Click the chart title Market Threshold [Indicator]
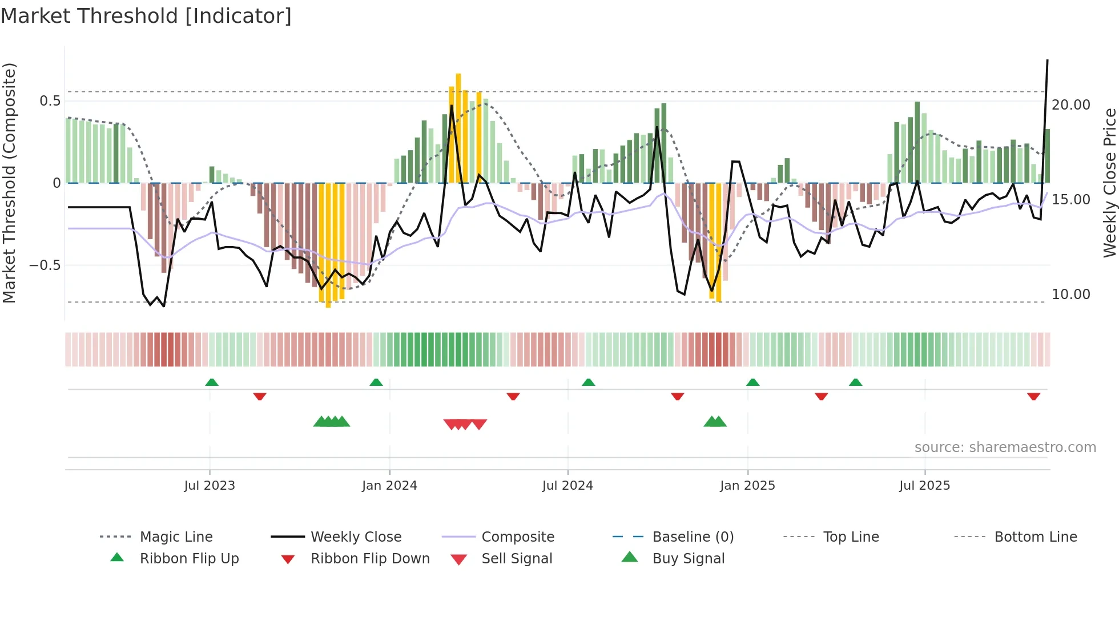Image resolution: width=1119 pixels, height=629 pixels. (x=146, y=16)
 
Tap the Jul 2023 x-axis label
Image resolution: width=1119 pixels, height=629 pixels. (x=210, y=486)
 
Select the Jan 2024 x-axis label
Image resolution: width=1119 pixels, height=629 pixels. (x=389, y=486)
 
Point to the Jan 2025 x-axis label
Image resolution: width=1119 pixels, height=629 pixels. (x=747, y=486)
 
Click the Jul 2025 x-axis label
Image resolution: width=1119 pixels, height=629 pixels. (x=924, y=486)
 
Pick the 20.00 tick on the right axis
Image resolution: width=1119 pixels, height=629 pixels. (x=1071, y=105)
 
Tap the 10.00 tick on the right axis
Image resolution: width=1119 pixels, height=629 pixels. (x=1071, y=295)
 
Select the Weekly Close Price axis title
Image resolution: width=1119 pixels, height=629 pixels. (x=1109, y=183)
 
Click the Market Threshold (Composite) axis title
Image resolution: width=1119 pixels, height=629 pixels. (x=9, y=183)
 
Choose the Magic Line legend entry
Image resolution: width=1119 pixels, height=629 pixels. (x=176, y=537)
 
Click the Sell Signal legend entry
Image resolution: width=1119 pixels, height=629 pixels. (x=517, y=559)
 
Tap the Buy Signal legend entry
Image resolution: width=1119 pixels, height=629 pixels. (x=688, y=559)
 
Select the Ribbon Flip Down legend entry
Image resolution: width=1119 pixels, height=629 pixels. (x=370, y=559)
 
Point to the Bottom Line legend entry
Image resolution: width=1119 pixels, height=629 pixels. (x=1035, y=537)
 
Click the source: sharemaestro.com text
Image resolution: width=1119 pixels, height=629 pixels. (x=1005, y=447)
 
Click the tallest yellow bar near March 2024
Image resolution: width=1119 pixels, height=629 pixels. (x=458, y=126)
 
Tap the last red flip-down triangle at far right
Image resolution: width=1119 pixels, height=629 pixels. (x=1033, y=396)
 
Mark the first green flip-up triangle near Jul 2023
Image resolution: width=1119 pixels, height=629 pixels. (x=212, y=382)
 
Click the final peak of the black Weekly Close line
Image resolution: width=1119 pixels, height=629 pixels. (x=1047, y=61)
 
